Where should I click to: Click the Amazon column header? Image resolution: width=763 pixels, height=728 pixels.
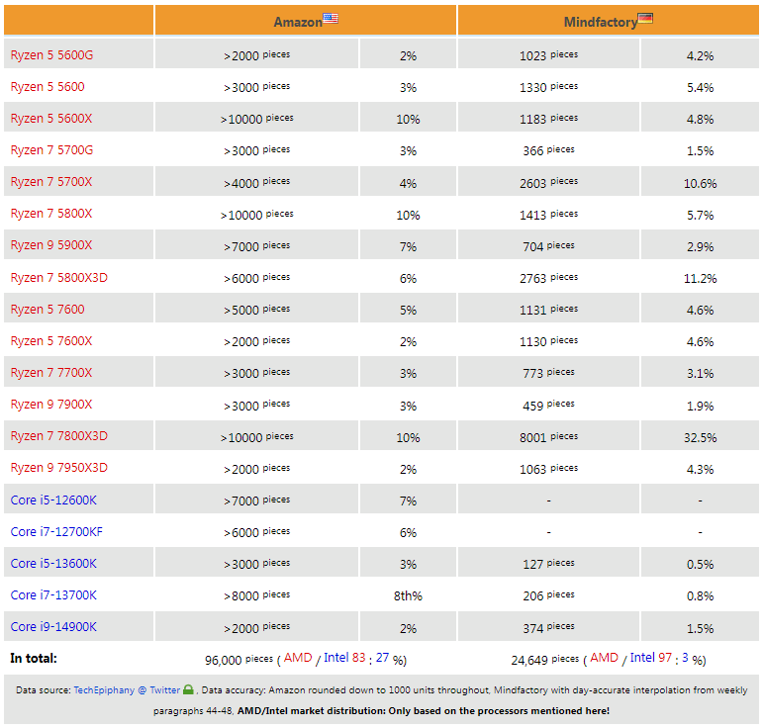click(x=298, y=22)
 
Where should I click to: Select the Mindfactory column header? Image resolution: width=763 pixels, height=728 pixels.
click(x=601, y=22)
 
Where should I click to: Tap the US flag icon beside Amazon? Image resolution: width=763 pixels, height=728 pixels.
click(x=331, y=19)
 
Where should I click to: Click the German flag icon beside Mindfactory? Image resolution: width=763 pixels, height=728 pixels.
click(x=645, y=19)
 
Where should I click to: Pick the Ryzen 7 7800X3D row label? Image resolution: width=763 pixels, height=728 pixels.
click(x=58, y=436)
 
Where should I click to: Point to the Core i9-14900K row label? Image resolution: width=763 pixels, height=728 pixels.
click(x=53, y=626)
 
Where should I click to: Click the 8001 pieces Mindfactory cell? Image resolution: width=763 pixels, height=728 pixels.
click(x=548, y=437)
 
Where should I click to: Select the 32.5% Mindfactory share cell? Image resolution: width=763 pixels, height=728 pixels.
click(x=700, y=437)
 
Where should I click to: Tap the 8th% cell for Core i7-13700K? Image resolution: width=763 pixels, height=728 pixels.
click(x=408, y=595)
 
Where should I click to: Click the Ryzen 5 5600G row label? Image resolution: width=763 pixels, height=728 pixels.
click(x=51, y=55)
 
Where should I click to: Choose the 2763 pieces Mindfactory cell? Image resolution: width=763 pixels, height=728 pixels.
click(x=548, y=278)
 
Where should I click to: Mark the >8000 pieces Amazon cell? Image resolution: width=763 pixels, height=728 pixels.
click(x=256, y=595)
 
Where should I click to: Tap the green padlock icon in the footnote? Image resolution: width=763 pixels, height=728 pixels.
click(x=188, y=689)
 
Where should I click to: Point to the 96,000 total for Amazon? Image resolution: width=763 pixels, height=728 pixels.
click(x=223, y=660)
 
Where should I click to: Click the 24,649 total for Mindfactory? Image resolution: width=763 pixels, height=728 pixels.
click(x=529, y=660)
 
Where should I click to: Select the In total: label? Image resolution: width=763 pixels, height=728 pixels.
click(x=34, y=658)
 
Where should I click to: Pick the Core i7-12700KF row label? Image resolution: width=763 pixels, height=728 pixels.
click(x=56, y=531)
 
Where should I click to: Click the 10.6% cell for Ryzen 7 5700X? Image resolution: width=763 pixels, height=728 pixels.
click(x=700, y=183)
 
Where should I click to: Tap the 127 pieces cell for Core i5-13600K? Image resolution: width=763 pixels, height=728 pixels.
click(x=548, y=564)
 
